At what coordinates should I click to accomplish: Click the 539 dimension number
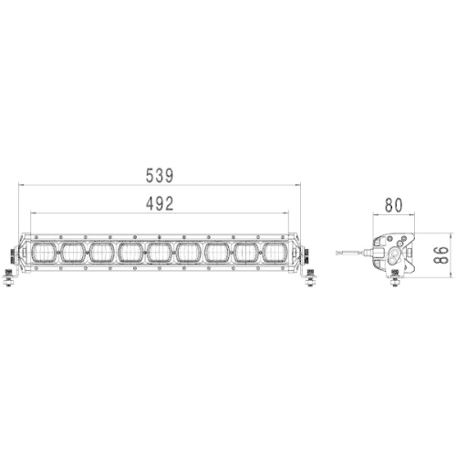pyautogui.click(x=159, y=174)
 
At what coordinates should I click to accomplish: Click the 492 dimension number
pyautogui.click(x=159, y=204)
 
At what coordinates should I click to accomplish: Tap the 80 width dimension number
pyautogui.click(x=394, y=205)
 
